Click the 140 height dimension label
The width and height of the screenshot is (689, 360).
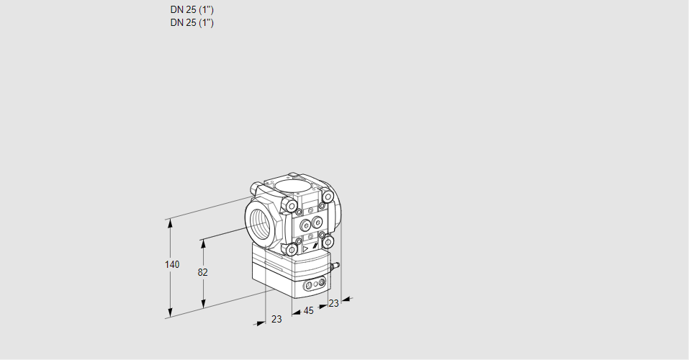point(171,264)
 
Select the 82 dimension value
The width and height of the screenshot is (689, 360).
point(203,272)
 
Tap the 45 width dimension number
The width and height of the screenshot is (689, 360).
point(308,311)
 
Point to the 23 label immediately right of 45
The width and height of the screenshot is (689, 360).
point(333,303)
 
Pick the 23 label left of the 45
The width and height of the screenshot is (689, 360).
point(276,319)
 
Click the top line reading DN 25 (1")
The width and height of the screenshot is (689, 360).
point(192,10)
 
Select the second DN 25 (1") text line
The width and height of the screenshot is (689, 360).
point(192,22)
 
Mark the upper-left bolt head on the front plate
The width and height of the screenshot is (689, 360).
point(291,207)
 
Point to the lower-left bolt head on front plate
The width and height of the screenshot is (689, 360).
point(291,249)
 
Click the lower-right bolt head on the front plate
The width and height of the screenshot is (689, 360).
point(328,241)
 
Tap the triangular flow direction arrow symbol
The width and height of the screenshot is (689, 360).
point(305,248)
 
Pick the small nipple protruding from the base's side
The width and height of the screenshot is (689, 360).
point(334,266)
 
